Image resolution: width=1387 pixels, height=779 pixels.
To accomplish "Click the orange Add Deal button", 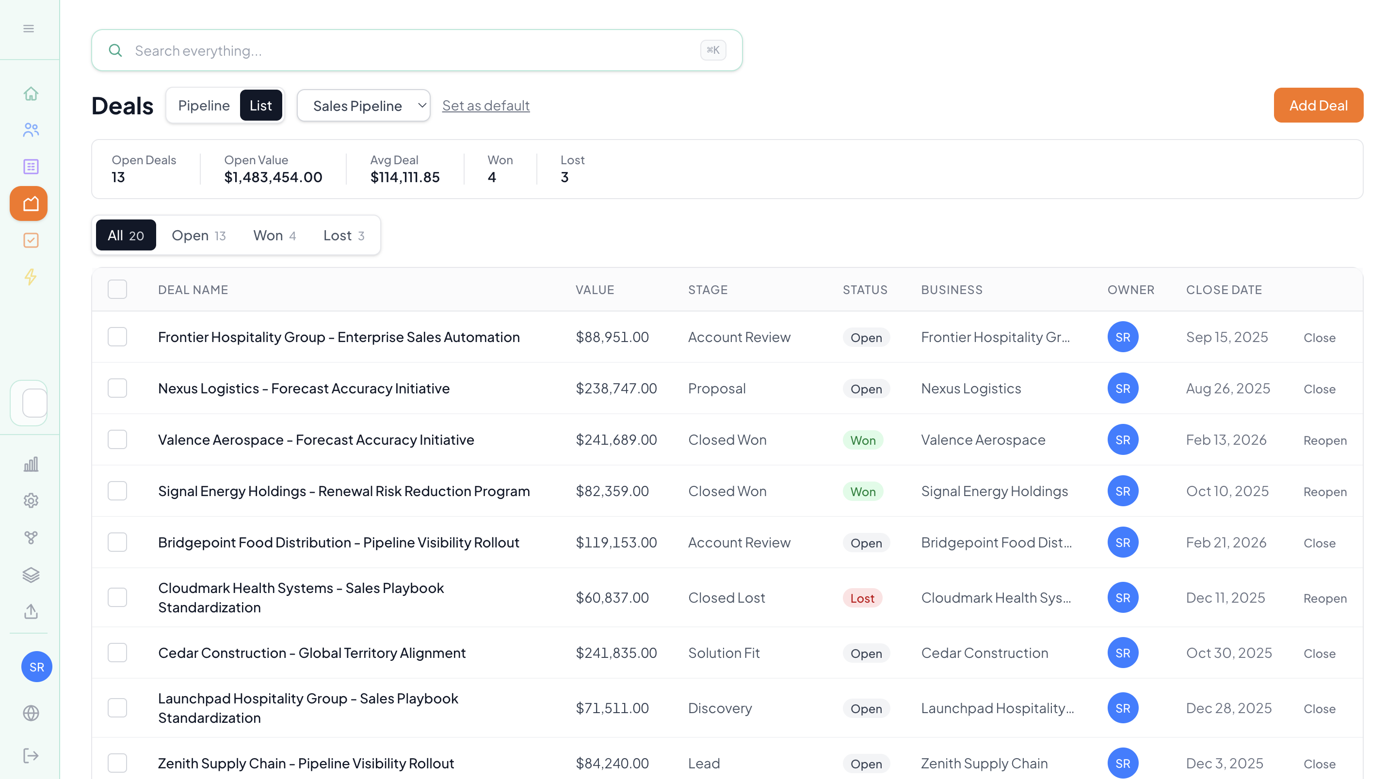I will pos(1318,106).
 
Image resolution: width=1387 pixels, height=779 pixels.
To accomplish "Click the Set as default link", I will pos(485,106).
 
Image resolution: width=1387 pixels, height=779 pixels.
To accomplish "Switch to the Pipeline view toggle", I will pos(204,106).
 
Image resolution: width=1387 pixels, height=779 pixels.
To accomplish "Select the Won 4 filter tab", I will pos(274,235).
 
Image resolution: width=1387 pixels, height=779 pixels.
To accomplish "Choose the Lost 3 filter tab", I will pos(343,235).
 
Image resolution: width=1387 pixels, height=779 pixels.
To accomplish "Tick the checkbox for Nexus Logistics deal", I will pos(117,389).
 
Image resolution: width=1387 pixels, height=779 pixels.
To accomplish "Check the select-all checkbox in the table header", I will pos(117,289).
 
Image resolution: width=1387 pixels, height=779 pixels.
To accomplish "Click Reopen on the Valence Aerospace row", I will pos(1324,440).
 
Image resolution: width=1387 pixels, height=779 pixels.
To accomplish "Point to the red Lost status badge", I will pos(862,598).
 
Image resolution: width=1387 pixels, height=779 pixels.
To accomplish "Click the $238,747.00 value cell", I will pos(616,389).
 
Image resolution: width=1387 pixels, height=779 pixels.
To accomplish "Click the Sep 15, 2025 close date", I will pos(1226,337).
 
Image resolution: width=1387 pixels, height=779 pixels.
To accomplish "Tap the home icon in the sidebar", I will pos(31,94).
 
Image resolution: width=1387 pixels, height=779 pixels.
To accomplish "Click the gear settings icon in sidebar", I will pos(31,501).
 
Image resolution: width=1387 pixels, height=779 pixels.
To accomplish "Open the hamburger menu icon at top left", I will pos(29,29).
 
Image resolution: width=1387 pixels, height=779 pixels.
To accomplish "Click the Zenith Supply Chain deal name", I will pos(306,763).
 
